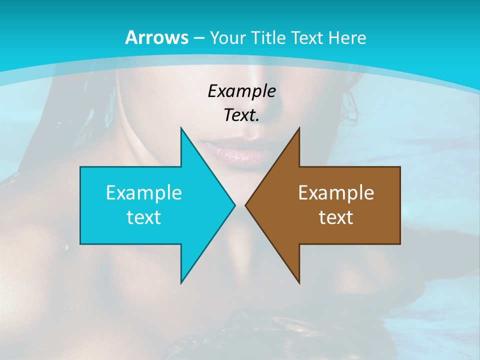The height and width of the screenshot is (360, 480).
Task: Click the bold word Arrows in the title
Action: click(156, 37)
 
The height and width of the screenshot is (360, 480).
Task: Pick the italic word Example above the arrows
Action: click(241, 91)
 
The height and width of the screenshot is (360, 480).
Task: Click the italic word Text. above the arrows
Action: click(241, 115)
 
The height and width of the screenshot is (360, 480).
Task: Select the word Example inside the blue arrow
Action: click(144, 192)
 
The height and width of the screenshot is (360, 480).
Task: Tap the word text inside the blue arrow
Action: click(144, 217)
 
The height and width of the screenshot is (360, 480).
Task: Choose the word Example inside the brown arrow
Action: click(336, 192)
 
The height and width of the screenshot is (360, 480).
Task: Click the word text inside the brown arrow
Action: click(336, 217)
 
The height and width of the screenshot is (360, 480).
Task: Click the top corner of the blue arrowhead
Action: click(181, 128)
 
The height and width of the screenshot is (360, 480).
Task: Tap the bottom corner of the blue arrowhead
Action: click(181, 282)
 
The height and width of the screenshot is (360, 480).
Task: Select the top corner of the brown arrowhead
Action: click(299, 128)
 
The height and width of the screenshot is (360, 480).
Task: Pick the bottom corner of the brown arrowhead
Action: click(299, 282)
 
